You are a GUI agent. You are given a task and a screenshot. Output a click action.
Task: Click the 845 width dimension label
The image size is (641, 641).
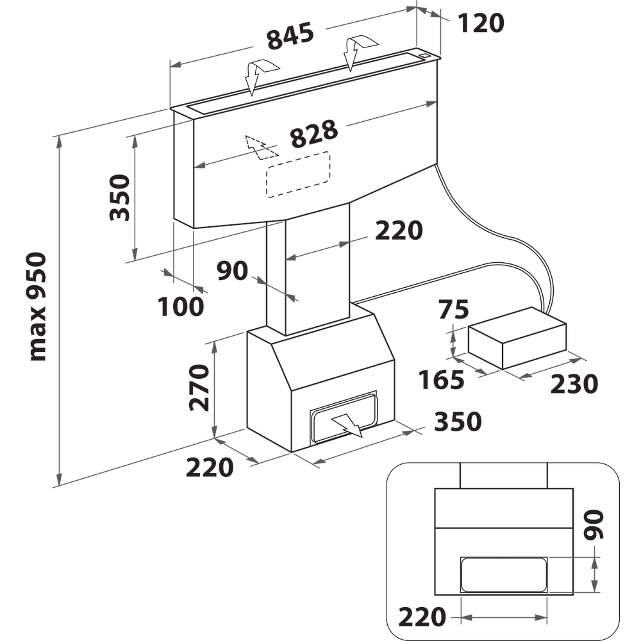290,37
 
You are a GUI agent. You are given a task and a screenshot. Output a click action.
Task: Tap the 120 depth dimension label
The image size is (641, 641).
481,24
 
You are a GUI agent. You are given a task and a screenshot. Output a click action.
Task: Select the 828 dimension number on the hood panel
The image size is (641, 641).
313,135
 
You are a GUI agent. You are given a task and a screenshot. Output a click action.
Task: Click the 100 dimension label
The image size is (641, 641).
181,307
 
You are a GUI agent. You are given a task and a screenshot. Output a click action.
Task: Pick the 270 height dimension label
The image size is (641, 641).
199,387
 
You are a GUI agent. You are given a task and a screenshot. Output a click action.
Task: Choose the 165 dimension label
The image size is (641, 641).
441,381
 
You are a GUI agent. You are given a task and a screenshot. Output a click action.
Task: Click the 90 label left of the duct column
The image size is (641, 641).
232,271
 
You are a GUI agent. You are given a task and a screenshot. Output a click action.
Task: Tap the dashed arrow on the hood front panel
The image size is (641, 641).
260,147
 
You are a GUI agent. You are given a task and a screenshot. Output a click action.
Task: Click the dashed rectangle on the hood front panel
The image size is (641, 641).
299,174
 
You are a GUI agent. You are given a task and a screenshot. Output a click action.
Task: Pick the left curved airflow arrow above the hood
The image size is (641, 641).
259,74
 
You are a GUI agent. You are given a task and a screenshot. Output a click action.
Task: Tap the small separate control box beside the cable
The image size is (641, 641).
517,337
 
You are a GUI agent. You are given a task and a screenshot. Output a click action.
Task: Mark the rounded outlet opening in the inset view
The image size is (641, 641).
504,574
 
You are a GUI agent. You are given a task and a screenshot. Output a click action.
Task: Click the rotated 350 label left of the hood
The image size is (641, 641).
120,197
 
